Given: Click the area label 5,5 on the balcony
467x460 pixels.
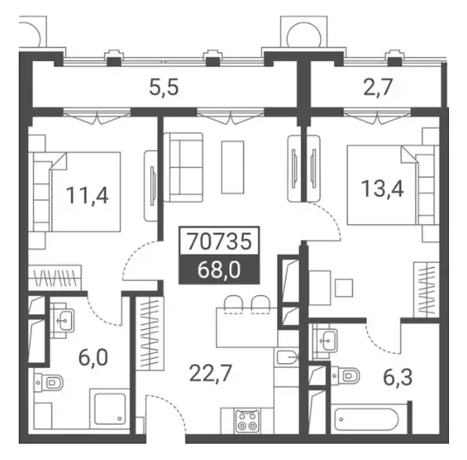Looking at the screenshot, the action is (163, 88).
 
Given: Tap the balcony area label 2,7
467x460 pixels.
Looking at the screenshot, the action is (378, 87).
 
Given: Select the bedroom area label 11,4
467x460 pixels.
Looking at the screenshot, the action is (87, 195).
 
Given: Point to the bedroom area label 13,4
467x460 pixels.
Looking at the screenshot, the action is (383, 188).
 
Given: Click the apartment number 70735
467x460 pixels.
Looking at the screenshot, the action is (219, 241).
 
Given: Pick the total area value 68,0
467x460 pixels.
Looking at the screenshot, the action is (219, 270).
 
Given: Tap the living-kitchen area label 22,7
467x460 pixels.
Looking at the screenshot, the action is (210, 373).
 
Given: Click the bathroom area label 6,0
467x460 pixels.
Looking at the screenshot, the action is (93, 358).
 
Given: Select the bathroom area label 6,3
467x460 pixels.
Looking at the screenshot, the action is (397, 377).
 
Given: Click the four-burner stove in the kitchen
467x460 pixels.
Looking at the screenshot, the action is (247, 420).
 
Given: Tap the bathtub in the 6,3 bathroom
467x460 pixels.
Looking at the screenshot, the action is (366, 419).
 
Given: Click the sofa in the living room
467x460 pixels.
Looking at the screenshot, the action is (184, 167).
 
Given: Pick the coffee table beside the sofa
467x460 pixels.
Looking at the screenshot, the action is (232, 167).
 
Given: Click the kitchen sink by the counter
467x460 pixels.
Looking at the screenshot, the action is (286, 357).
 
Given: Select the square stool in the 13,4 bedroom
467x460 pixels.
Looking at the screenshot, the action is (344, 288).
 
